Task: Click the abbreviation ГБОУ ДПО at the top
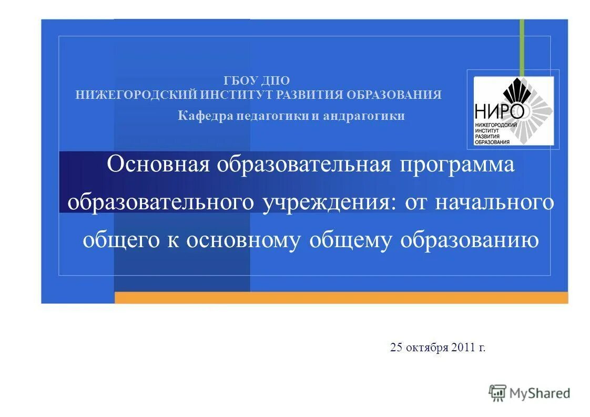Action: click(257, 80)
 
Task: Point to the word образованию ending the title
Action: click(469, 240)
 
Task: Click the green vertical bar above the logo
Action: click(522, 47)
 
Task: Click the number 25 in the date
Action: click(396, 348)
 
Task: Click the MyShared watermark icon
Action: click(497, 392)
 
